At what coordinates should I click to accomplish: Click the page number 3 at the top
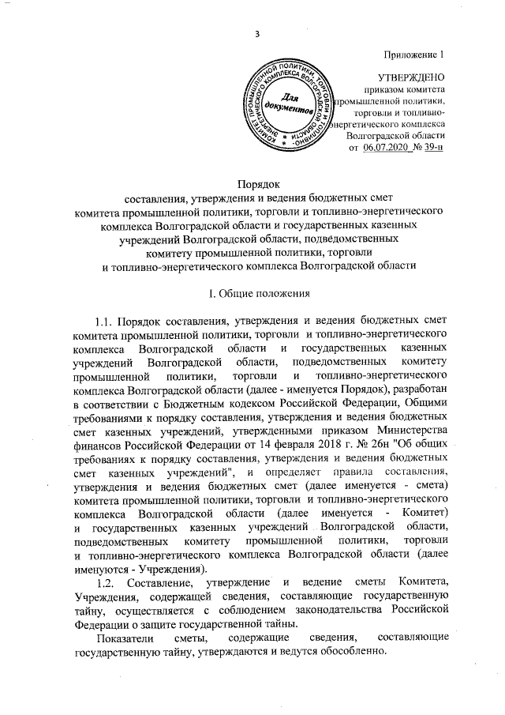257,32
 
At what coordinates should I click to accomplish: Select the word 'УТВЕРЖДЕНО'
412,77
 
